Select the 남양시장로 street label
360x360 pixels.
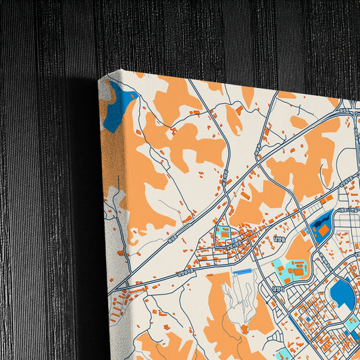[276, 288]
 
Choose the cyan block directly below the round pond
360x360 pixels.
[352, 325]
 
